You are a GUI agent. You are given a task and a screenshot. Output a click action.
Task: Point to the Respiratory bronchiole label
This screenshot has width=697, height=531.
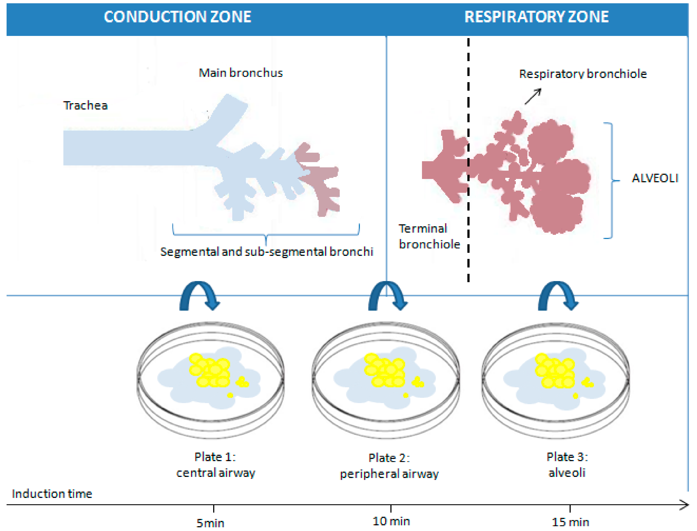point(583,74)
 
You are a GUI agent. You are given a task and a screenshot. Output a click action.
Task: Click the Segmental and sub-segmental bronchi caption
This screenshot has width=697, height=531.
point(267,252)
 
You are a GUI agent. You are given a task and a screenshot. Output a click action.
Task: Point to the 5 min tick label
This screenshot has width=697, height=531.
point(210,523)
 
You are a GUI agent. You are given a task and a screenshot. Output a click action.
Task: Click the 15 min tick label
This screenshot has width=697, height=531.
point(570,522)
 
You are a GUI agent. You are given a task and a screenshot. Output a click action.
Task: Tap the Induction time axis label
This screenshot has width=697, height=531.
point(52,494)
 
